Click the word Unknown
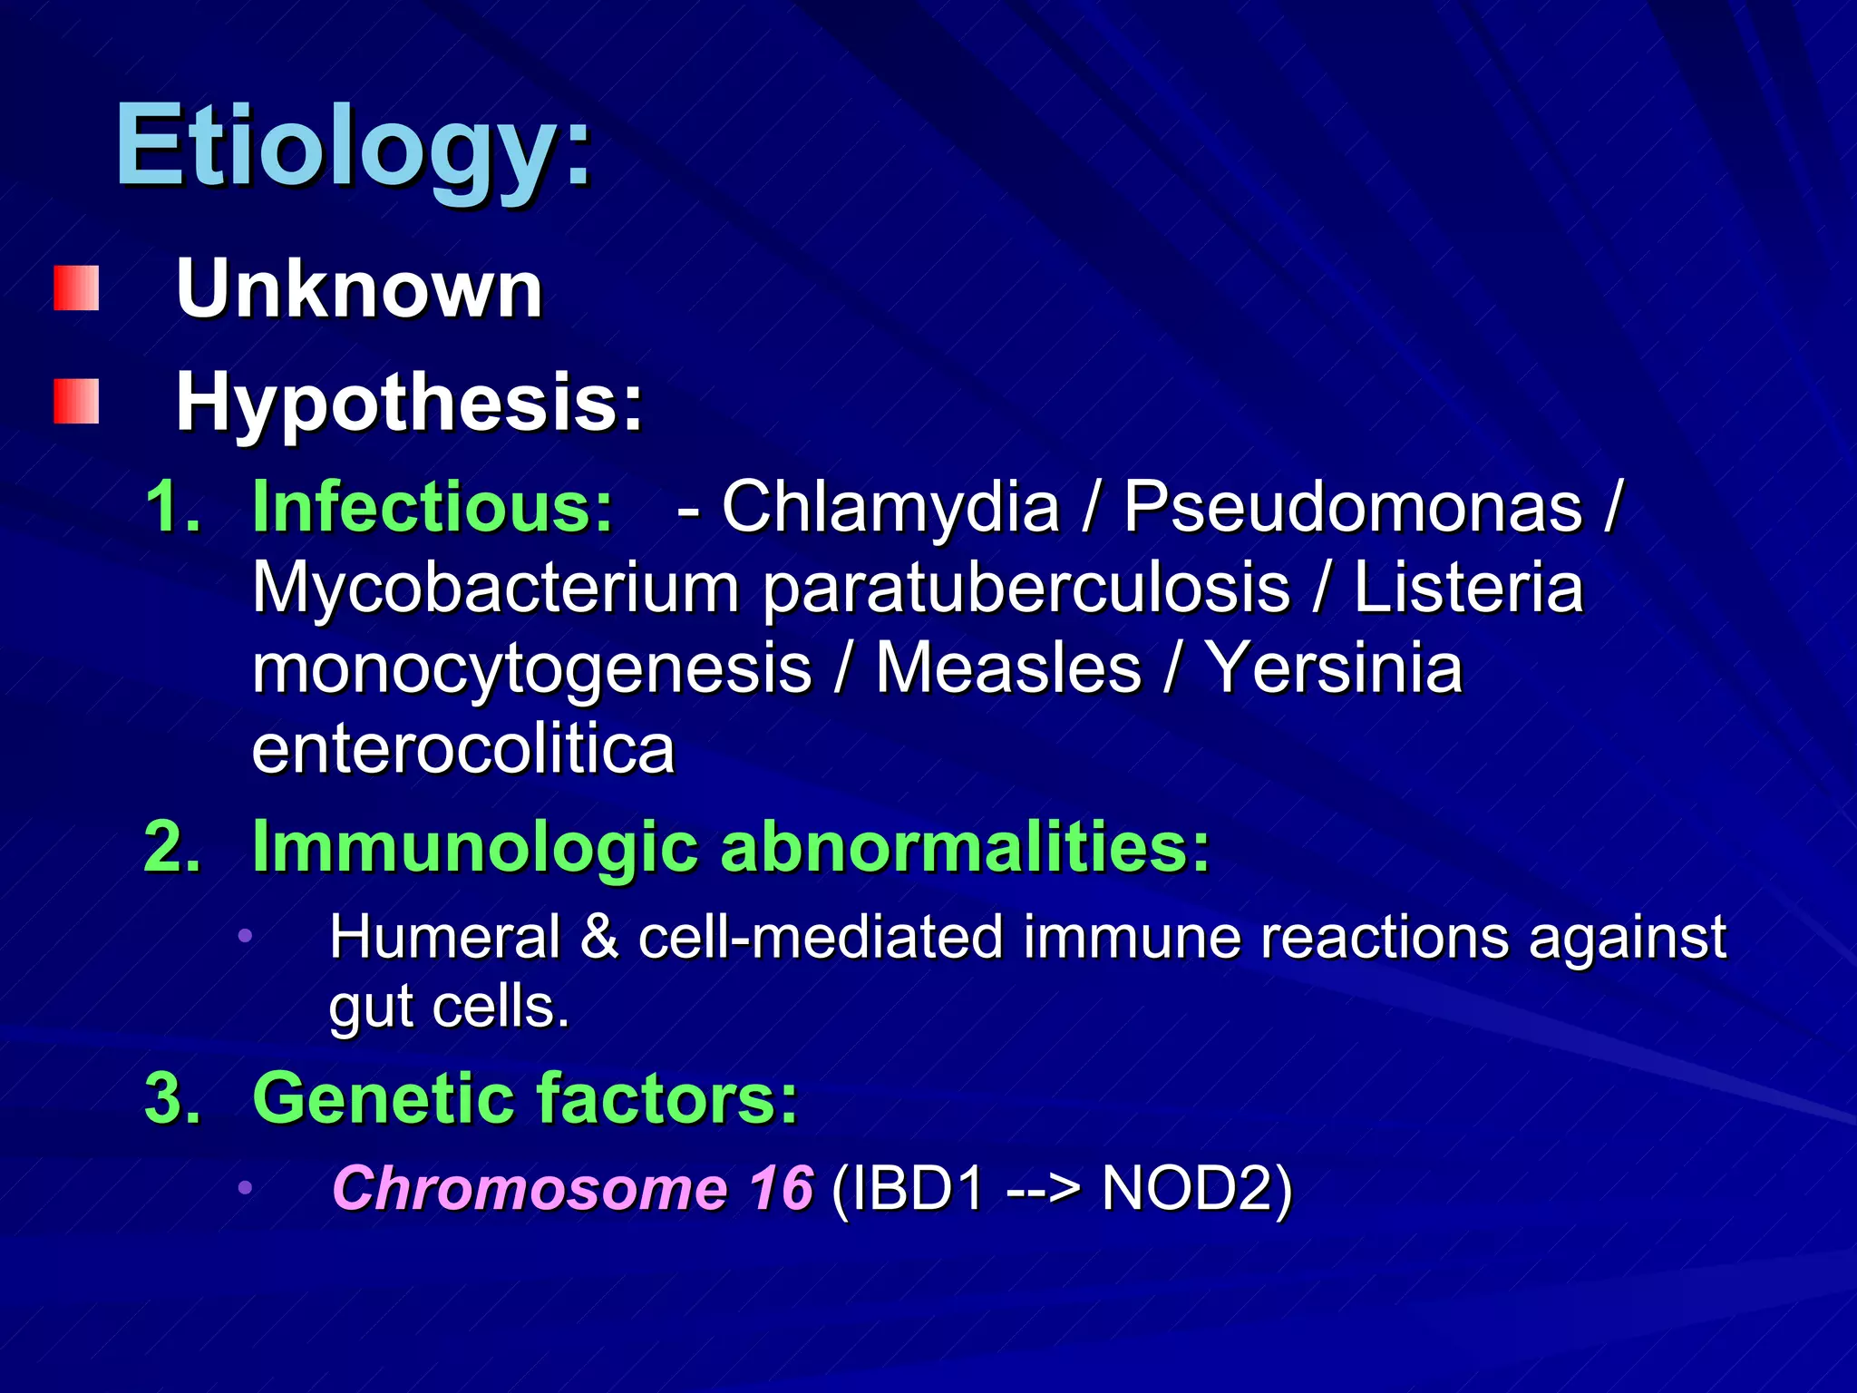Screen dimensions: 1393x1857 pyautogui.click(x=359, y=290)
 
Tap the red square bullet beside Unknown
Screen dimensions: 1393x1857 pyautogui.click(x=76, y=288)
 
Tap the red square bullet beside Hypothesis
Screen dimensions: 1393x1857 pyautogui.click(x=76, y=402)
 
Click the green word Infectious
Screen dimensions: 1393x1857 pyautogui.click(x=433, y=506)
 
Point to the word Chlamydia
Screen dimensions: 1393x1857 pyautogui.click(x=890, y=506)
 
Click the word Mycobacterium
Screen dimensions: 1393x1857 pyautogui.click(x=495, y=588)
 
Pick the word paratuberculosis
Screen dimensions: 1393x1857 pyautogui.click(x=1026, y=588)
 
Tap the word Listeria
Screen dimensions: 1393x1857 pyautogui.click(x=1468, y=588)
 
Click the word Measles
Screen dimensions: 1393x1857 pyautogui.click(x=1007, y=668)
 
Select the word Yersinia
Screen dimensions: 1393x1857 pyautogui.click(x=1334, y=668)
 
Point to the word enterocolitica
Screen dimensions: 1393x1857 pyautogui.click(x=463, y=749)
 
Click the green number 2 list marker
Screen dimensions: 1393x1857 pyautogui.click(x=171, y=846)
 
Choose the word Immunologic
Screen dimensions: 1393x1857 pyautogui.click(x=474, y=846)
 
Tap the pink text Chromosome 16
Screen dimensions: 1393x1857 pyautogui.click(x=572, y=1187)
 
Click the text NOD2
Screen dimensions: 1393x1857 pyautogui.click(x=1195, y=1187)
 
